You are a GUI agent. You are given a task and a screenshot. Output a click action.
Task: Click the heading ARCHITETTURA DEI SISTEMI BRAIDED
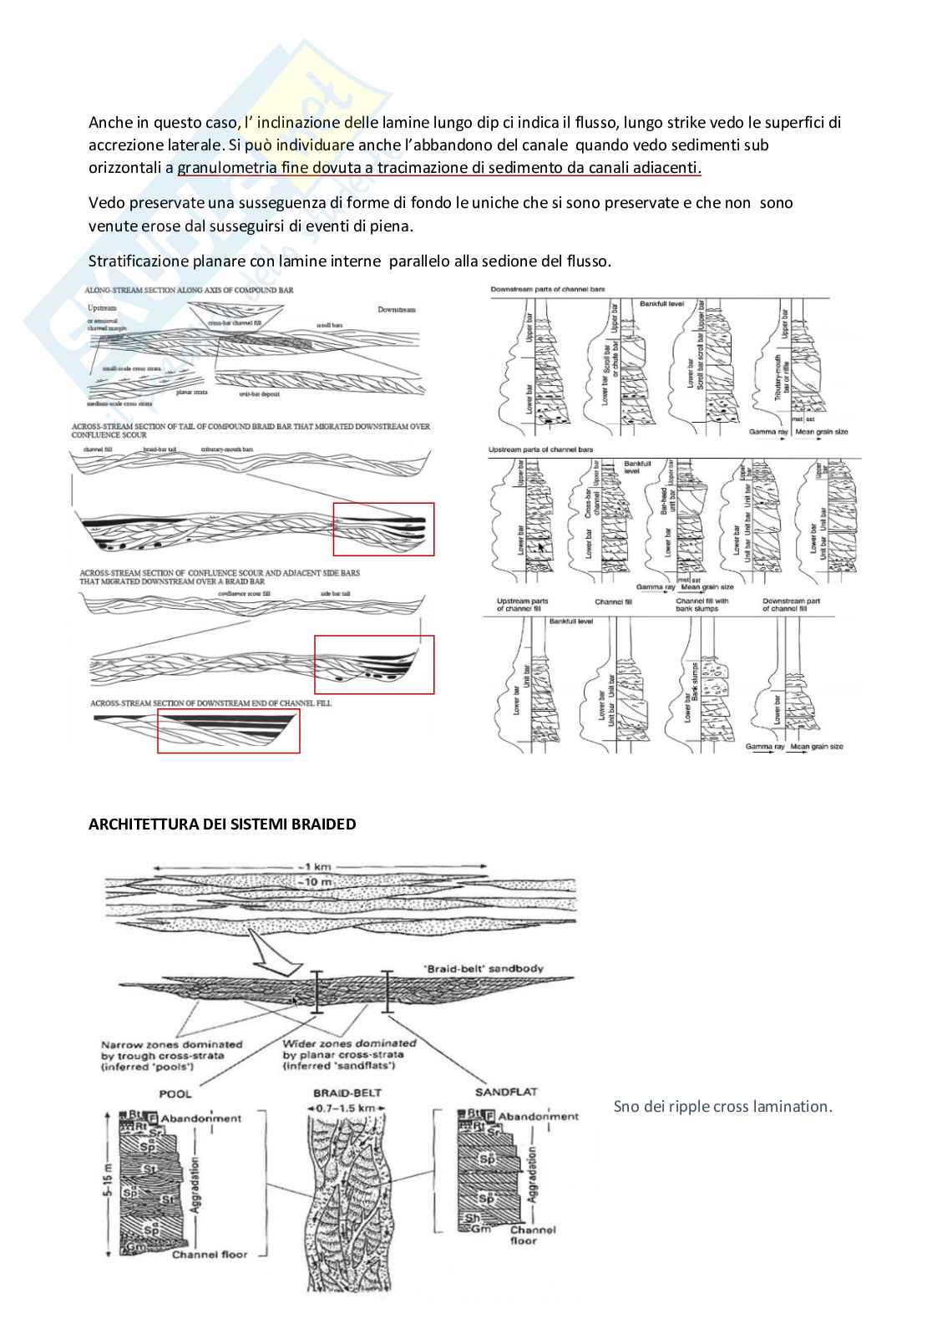(x=222, y=824)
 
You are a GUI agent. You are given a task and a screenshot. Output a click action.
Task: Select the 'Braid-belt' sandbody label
(x=479, y=969)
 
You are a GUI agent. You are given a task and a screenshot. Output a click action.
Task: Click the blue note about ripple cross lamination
(x=722, y=1107)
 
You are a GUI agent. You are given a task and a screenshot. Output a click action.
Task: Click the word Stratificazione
(x=134, y=261)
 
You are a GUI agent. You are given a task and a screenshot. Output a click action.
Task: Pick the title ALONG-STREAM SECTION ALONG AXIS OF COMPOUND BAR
(x=195, y=289)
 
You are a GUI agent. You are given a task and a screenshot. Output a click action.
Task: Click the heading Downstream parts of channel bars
(x=548, y=289)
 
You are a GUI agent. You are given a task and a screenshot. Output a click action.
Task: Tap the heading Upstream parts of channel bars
(x=541, y=449)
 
